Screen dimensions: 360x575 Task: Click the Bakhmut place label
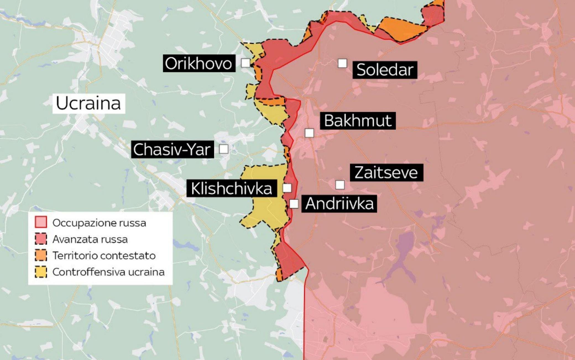pos(358,121)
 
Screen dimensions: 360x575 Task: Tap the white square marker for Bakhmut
pos(309,133)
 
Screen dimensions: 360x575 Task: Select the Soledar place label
pos(385,70)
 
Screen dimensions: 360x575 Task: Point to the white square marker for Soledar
pos(342,63)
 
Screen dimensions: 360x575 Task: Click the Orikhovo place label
pos(199,63)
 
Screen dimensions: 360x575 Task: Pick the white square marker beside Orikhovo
pos(245,63)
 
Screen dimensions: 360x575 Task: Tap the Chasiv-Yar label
pos(172,149)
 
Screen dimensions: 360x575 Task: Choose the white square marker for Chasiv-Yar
pos(223,149)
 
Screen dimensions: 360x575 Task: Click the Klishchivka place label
pos(231,188)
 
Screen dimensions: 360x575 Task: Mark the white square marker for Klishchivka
pos(287,188)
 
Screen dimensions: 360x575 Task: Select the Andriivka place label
pos(339,204)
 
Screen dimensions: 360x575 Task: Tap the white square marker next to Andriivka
pos(294,204)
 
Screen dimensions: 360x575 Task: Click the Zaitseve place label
pos(386,173)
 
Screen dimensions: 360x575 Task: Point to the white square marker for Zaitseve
pos(340,185)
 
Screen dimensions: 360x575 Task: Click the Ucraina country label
pos(88,103)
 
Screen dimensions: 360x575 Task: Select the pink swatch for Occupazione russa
pos(41,222)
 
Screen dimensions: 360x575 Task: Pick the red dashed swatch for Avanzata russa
pos(41,239)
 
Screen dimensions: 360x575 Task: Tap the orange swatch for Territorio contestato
pos(41,255)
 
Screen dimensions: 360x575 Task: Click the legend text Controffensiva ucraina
pos(108,272)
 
